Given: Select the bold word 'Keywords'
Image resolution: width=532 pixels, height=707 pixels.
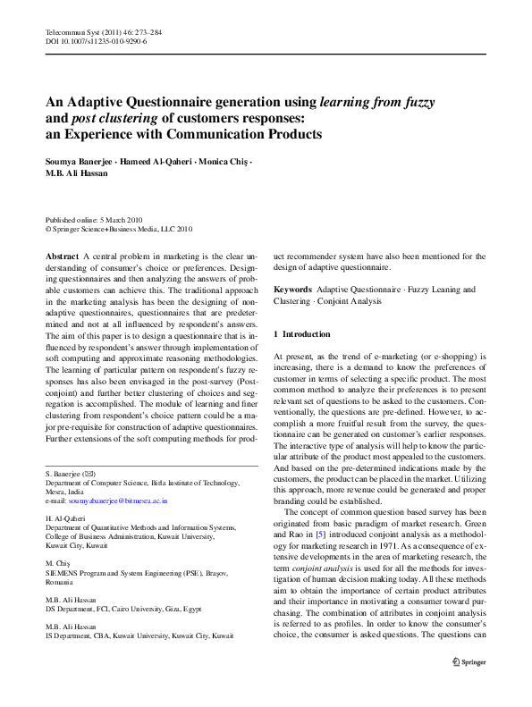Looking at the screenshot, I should point(292,290).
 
